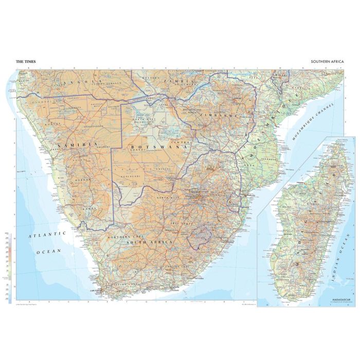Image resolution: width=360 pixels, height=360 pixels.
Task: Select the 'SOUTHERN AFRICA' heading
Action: pyautogui.click(x=328, y=62)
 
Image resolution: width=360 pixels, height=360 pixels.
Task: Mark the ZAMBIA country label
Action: pyautogui.click(x=177, y=82)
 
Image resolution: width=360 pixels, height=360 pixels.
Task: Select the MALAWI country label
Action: pyautogui.click(x=280, y=76)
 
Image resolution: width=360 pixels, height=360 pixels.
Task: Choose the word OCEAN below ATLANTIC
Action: pyautogui.click(x=48, y=251)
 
